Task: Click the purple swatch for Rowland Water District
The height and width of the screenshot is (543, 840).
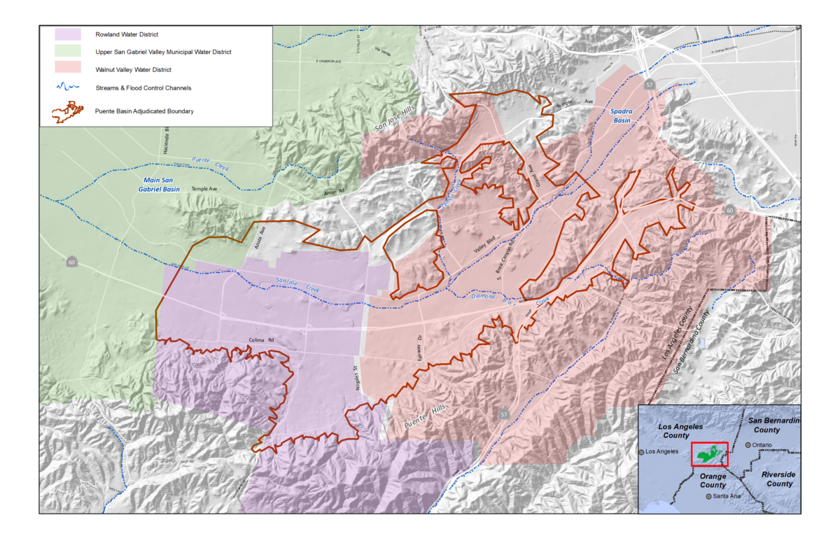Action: point(69,34)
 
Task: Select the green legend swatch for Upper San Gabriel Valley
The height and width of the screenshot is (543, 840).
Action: point(69,52)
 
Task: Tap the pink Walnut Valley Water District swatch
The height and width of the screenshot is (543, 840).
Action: point(69,70)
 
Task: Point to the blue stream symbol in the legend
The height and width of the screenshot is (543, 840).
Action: point(69,88)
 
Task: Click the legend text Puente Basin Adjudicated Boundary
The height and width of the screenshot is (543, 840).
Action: point(144,111)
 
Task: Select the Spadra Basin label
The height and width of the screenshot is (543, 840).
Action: point(620,115)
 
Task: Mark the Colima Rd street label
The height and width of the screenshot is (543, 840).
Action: point(260,341)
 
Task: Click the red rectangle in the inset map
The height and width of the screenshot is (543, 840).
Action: point(709,455)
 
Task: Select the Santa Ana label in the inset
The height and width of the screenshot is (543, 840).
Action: point(724,496)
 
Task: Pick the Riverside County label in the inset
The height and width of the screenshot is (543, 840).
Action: point(778,479)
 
